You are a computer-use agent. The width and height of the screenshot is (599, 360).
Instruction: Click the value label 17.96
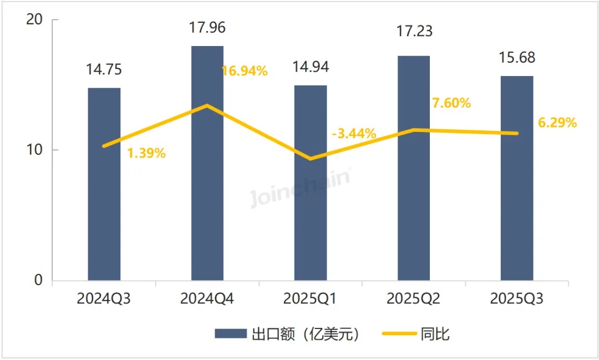(207, 27)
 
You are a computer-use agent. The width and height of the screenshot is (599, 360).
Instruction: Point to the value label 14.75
(104, 70)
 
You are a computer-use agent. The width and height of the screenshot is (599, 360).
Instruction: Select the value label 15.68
(517, 58)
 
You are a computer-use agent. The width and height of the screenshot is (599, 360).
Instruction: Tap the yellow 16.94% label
(245, 71)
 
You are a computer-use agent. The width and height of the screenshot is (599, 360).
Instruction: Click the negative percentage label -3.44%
(354, 133)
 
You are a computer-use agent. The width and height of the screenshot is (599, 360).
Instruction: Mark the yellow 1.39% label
(146, 154)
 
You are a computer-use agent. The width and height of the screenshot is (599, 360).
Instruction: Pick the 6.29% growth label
(557, 123)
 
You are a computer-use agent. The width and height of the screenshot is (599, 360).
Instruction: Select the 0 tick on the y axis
(39, 281)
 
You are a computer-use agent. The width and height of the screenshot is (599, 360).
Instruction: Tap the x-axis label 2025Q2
(414, 300)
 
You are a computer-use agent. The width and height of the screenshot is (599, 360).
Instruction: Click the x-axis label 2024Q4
(207, 300)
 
